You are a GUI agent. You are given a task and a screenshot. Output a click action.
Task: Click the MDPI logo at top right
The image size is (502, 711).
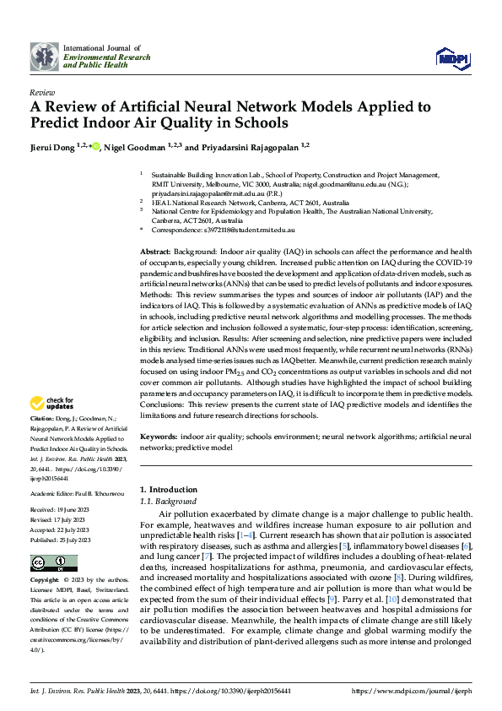point(451,57)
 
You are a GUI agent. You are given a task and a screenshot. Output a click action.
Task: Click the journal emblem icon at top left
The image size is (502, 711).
point(45,57)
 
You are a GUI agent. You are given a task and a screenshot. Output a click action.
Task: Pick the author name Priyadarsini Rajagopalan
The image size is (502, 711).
point(246,146)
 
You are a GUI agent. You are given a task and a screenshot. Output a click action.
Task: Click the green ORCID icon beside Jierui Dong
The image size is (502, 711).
point(95,146)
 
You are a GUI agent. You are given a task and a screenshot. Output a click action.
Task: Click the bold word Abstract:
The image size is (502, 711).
point(154,252)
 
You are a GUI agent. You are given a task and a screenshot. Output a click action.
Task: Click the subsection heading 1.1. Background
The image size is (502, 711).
point(169,501)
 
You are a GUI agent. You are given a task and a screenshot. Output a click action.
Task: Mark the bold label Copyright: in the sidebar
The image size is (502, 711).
point(46,582)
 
